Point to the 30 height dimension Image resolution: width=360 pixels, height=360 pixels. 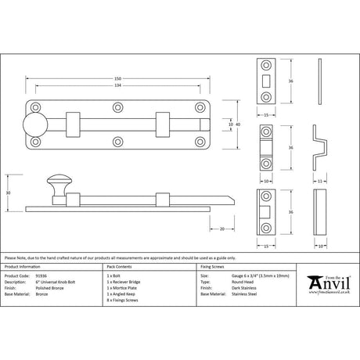pos(7,191)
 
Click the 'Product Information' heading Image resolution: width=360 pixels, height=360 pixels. pos(21,267)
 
